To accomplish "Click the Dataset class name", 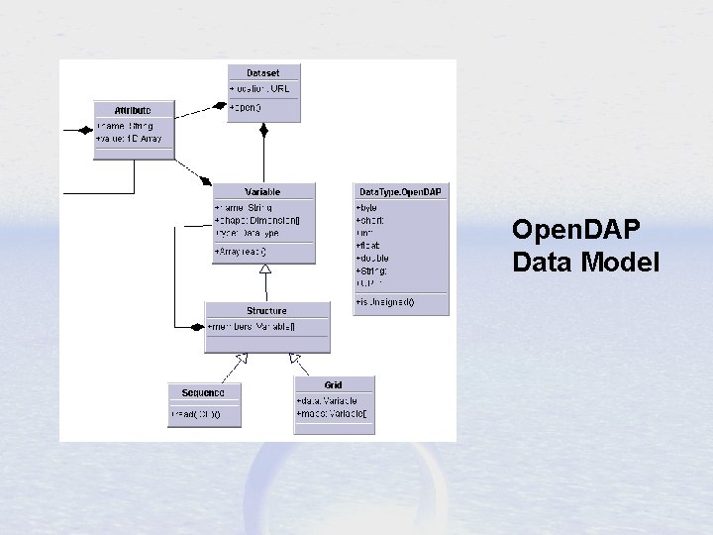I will [263, 72].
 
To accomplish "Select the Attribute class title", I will [133, 108].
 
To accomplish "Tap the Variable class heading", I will [263, 191].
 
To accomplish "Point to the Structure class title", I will [266, 311].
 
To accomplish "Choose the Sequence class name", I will [203, 392].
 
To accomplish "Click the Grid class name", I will [334, 384].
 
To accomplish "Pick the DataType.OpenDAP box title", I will [400, 190].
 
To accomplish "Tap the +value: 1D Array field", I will [130, 139].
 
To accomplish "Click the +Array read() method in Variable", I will [241, 252].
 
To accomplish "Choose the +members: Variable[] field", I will [252, 327].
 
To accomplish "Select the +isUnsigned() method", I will [385, 301].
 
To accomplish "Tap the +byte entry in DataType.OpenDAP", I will [367, 207].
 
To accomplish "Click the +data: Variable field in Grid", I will [327, 400].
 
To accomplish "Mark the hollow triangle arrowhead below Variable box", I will [264, 268].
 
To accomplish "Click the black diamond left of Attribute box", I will [82, 130].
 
